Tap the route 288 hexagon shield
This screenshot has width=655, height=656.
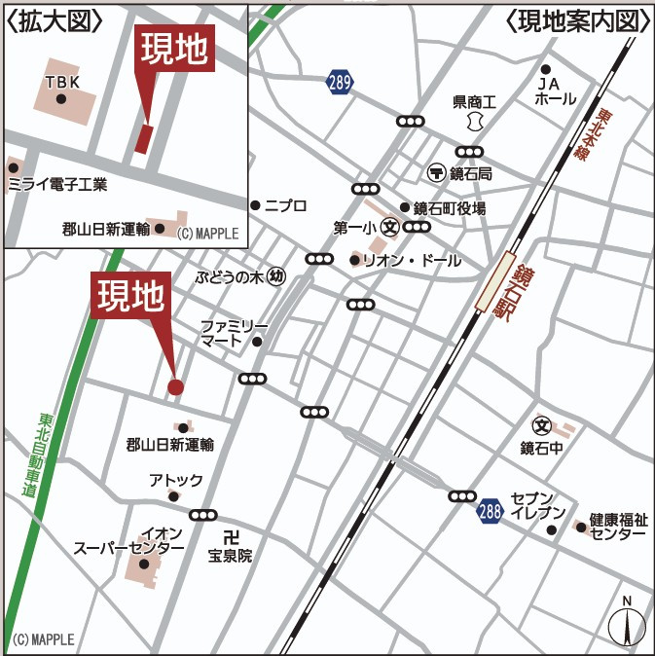click(491, 509)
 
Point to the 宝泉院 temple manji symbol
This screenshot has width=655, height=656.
click(231, 537)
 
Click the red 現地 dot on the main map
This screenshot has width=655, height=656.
click(175, 387)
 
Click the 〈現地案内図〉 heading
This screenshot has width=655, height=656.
click(577, 21)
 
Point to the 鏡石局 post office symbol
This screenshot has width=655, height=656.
click(435, 172)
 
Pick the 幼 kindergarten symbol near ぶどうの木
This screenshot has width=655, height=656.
click(276, 276)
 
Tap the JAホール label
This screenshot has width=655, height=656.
click(555, 91)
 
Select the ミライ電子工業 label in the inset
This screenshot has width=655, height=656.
click(57, 184)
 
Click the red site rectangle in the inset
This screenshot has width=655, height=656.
click(144, 138)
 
